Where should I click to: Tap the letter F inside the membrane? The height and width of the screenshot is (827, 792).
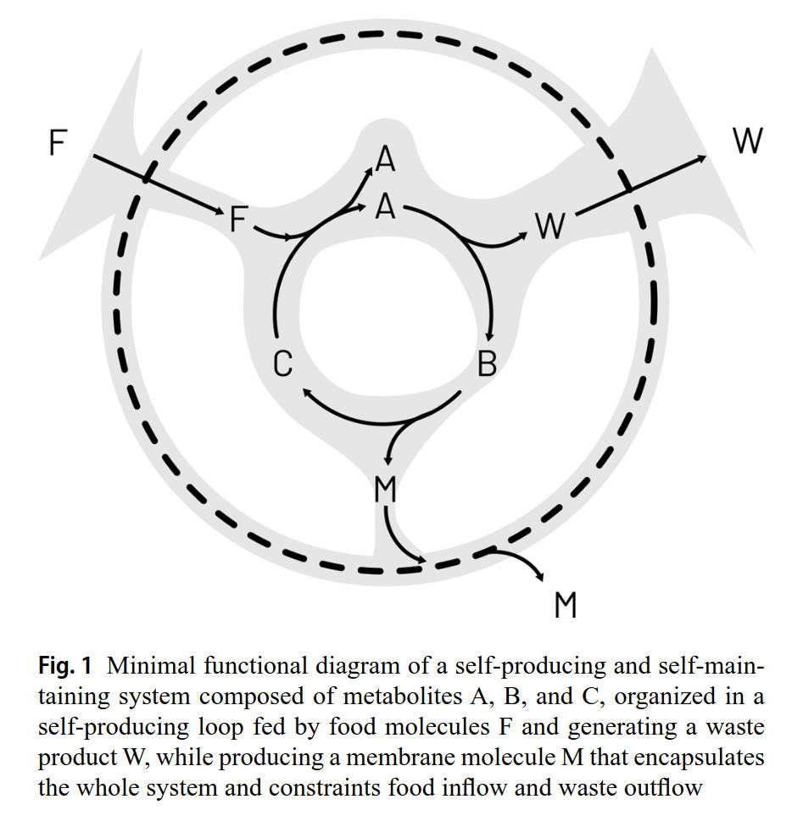coord(239,219)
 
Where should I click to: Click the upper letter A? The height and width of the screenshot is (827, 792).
coord(386,158)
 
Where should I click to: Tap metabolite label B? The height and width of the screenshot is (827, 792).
coord(487,364)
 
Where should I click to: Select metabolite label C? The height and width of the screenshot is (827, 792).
coord(283,364)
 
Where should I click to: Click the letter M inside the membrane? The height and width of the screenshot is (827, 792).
coord(385,490)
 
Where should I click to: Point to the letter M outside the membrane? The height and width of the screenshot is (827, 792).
coord(566,605)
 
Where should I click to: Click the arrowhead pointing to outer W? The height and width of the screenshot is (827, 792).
coord(701,158)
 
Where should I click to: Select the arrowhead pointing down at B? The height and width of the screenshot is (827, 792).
coord(490,337)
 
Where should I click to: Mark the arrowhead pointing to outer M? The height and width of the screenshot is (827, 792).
coord(541,576)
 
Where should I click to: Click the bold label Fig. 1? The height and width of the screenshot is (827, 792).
coord(65,664)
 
